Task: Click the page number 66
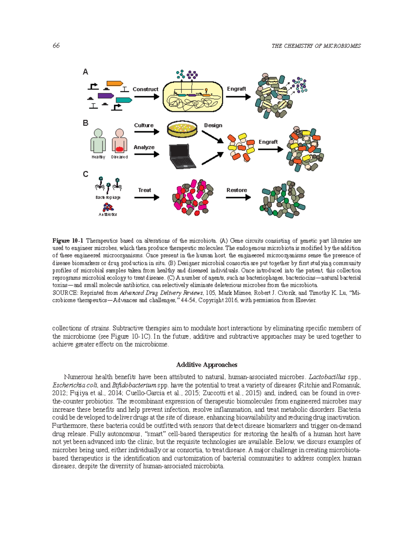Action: [56, 46]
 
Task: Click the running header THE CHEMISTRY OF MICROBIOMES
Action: [316, 46]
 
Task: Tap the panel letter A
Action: [85, 72]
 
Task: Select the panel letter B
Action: [86, 123]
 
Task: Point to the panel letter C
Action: [86, 174]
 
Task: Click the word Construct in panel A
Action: [145, 89]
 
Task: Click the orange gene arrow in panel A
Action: [115, 83]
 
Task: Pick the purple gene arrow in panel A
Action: [106, 96]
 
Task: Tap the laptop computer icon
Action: [182, 156]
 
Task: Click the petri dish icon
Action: [182, 129]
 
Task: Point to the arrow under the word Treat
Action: [147, 197]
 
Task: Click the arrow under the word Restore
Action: [238, 197]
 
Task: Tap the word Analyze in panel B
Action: [144, 147]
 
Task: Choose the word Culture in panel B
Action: [144, 125]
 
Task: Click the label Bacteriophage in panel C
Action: [108, 197]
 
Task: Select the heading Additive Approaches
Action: [207, 365]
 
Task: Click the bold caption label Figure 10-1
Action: [68, 241]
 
